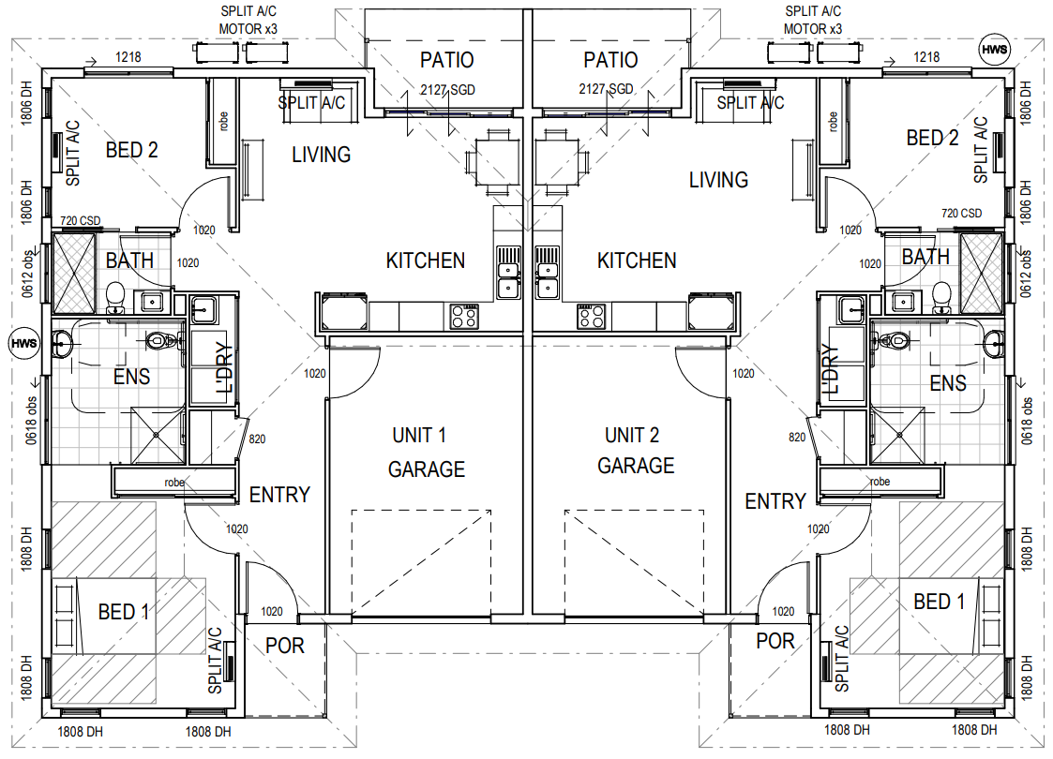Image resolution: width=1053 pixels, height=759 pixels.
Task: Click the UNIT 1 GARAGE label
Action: (426, 453)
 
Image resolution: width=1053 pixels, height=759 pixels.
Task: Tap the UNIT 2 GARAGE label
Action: (636, 451)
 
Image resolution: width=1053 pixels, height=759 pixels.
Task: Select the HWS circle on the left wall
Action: (24, 344)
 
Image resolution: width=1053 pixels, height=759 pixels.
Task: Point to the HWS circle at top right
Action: (995, 49)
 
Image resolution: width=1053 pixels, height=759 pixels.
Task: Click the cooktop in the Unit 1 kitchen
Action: (464, 316)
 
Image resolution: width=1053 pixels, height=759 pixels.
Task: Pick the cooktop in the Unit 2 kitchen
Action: (591, 316)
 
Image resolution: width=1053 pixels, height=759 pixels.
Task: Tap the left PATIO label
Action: (446, 60)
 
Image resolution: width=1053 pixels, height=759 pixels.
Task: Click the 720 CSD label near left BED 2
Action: (80, 220)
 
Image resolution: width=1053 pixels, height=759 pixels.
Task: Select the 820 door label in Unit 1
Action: (257, 439)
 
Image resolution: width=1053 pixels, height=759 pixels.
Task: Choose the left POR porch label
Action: (285, 646)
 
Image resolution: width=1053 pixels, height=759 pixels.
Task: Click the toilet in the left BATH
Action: (115, 298)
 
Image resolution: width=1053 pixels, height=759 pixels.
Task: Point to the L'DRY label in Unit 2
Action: (831, 369)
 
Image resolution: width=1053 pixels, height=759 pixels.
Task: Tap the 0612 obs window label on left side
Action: (27, 275)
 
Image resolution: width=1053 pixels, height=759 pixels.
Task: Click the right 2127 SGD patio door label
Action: (606, 89)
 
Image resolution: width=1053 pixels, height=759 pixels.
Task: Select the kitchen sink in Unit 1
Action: (508, 271)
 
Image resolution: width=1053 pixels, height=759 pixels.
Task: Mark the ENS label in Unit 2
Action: (948, 383)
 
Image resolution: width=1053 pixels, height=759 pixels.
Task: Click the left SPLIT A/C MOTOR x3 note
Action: (248, 20)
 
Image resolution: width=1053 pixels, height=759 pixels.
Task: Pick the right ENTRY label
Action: (775, 501)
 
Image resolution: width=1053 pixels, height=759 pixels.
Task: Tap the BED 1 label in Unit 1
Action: (124, 612)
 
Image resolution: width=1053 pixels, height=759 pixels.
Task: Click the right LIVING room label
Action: (718, 180)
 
